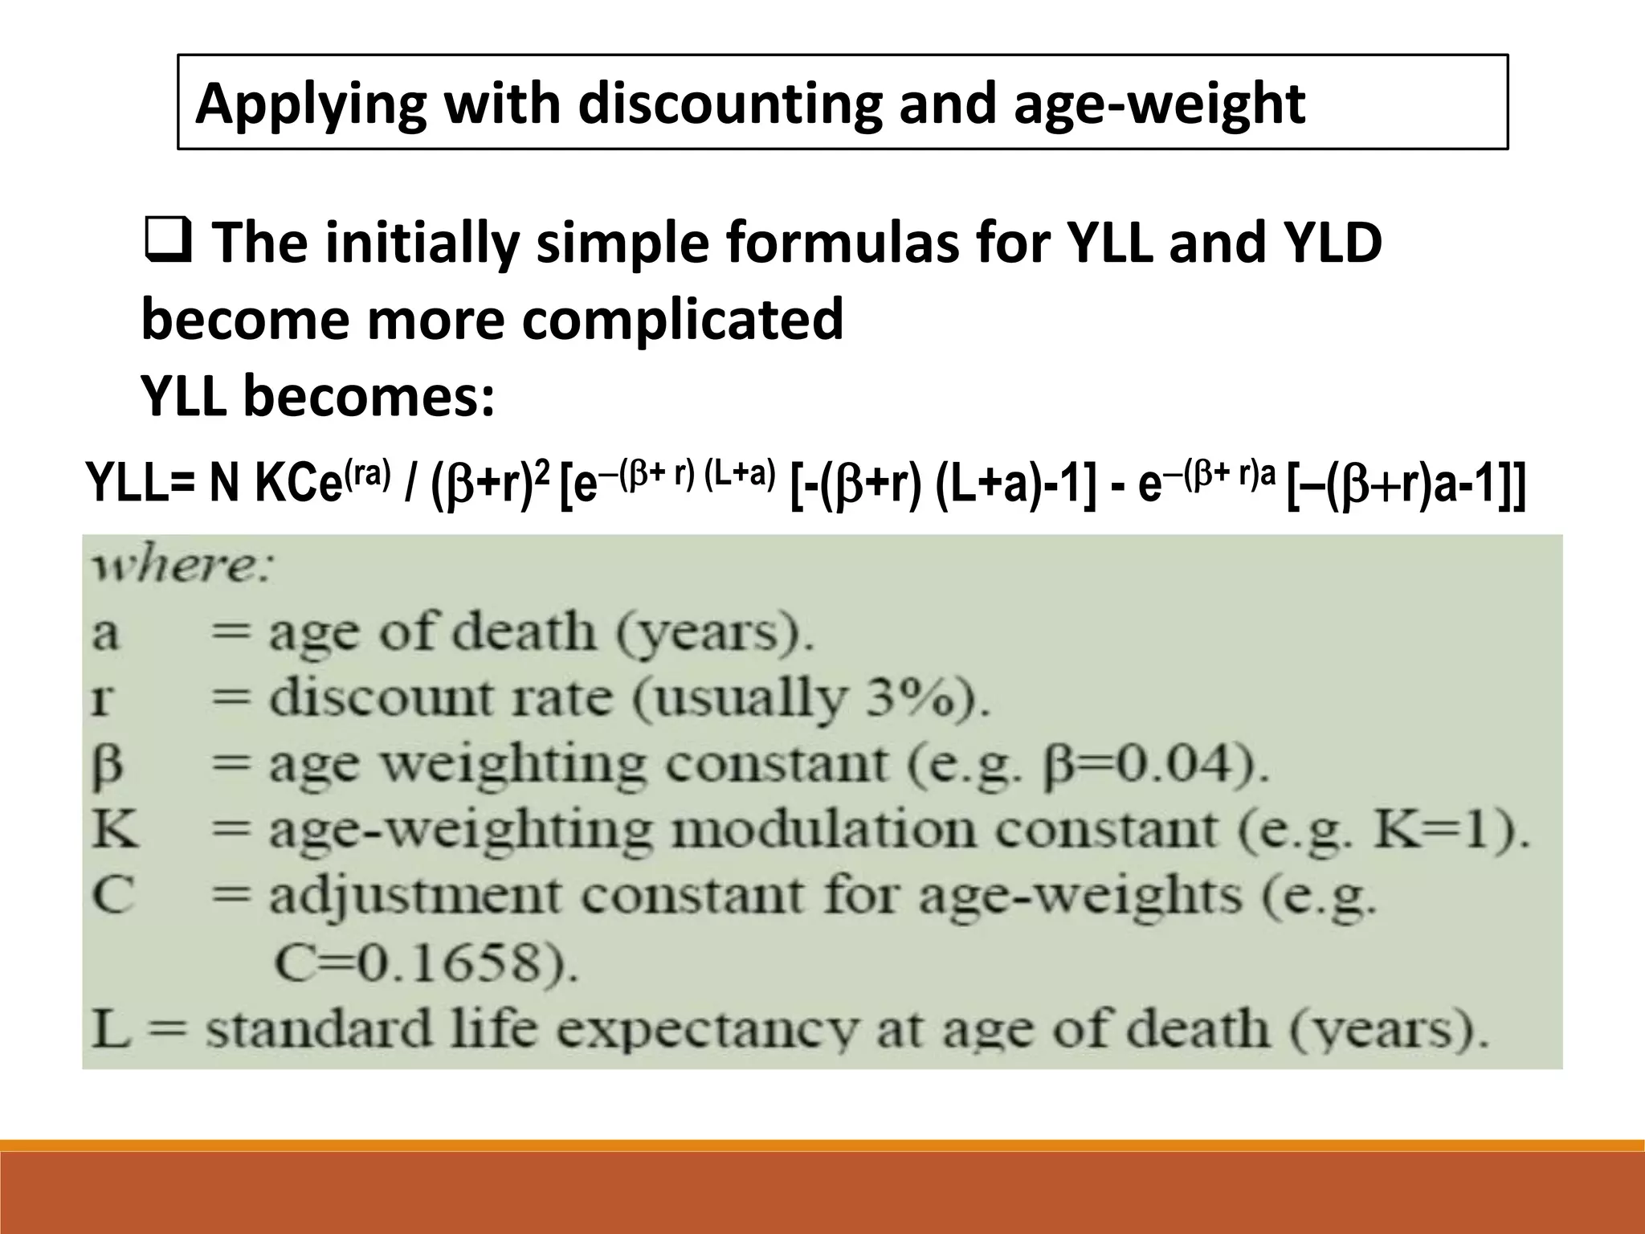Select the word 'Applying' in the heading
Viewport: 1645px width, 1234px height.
311,104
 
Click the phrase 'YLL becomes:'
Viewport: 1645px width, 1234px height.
317,396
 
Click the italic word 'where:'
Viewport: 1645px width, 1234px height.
183,569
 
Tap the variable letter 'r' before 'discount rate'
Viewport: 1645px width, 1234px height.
102,700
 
